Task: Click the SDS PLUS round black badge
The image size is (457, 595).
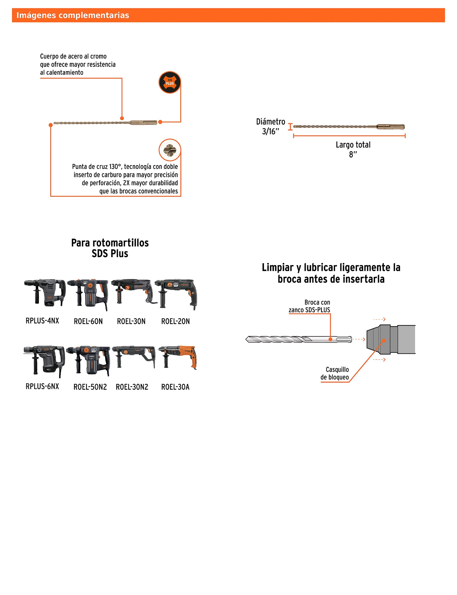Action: click(170, 83)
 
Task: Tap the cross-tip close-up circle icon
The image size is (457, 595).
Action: click(170, 150)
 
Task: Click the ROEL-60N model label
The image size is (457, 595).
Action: click(88, 321)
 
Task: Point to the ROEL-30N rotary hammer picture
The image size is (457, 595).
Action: click(132, 292)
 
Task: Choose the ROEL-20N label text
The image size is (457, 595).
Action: click(175, 321)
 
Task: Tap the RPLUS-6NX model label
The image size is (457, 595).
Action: click(42, 386)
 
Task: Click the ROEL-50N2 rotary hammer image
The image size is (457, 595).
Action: click(88, 360)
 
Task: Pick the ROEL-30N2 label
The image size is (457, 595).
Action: click(132, 387)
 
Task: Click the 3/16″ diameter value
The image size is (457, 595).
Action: click(270, 132)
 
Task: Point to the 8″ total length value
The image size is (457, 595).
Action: click(353, 154)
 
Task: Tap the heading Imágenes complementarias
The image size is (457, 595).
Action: click(73, 15)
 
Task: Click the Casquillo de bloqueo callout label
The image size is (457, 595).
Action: click(335, 373)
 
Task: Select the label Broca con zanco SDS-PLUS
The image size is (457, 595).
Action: click(310, 306)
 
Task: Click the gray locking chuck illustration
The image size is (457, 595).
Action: click(391, 339)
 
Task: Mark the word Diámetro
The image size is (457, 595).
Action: click(270, 122)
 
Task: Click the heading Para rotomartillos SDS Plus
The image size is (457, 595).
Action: click(110, 248)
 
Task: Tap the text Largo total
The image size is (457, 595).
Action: click(353, 145)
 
